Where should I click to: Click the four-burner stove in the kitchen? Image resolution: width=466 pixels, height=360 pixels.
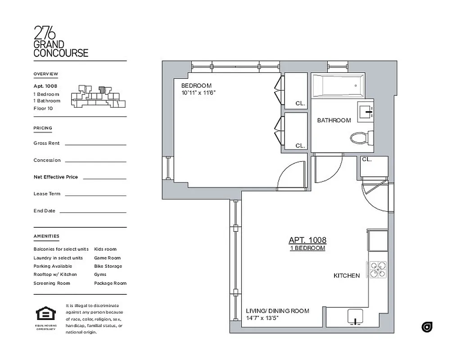tap(378, 269)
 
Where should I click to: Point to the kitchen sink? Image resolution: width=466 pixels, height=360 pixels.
tap(355, 318)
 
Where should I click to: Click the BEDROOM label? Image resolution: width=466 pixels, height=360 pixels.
tap(196, 85)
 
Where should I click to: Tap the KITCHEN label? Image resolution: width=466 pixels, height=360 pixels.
tap(346, 275)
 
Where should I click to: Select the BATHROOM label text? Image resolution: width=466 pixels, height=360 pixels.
tap(334, 120)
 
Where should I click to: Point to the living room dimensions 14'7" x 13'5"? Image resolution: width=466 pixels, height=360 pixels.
tap(262, 318)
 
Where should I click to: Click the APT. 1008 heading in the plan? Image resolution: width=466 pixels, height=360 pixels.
tap(307, 240)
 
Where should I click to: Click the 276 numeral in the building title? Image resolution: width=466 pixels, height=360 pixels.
tap(45, 33)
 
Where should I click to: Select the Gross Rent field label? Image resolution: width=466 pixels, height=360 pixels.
tap(46, 143)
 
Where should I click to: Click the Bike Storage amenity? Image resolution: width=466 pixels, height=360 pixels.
tap(108, 266)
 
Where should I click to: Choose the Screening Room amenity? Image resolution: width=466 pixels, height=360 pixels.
tap(51, 283)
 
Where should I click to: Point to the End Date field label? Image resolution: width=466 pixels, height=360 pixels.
tap(44, 211)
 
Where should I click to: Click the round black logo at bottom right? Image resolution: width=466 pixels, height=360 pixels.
tap(426, 327)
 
